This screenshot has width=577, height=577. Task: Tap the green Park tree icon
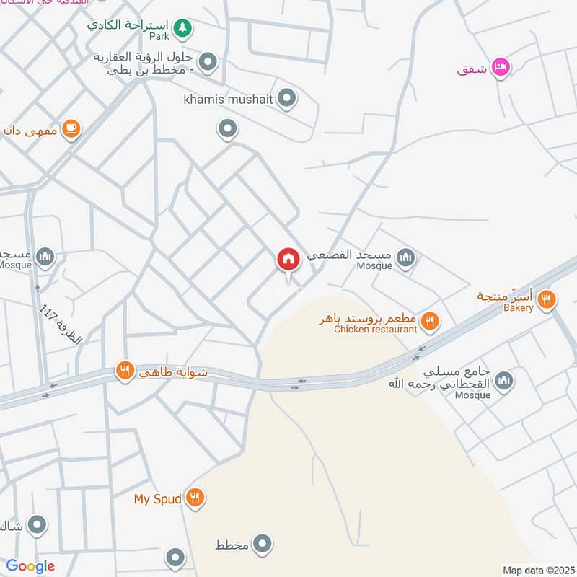[x=184, y=27]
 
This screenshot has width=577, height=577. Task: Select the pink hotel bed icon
[x=501, y=68]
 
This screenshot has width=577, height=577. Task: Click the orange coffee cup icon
[x=71, y=128]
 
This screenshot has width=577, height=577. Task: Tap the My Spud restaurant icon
[x=194, y=497]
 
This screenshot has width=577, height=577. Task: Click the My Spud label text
[x=158, y=498]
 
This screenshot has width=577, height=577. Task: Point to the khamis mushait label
[x=229, y=99]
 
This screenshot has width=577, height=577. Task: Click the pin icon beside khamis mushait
[x=287, y=98]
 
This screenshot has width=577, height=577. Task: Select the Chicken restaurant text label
[x=376, y=330]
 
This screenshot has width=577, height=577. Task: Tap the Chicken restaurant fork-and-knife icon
[x=431, y=320]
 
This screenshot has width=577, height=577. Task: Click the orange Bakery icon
[x=547, y=299]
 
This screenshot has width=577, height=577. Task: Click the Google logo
[x=30, y=566]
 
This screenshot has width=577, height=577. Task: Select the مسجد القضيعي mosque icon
[x=406, y=256]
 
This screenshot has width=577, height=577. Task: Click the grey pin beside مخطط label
[x=263, y=544]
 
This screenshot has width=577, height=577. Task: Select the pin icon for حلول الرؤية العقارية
[x=209, y=62]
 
